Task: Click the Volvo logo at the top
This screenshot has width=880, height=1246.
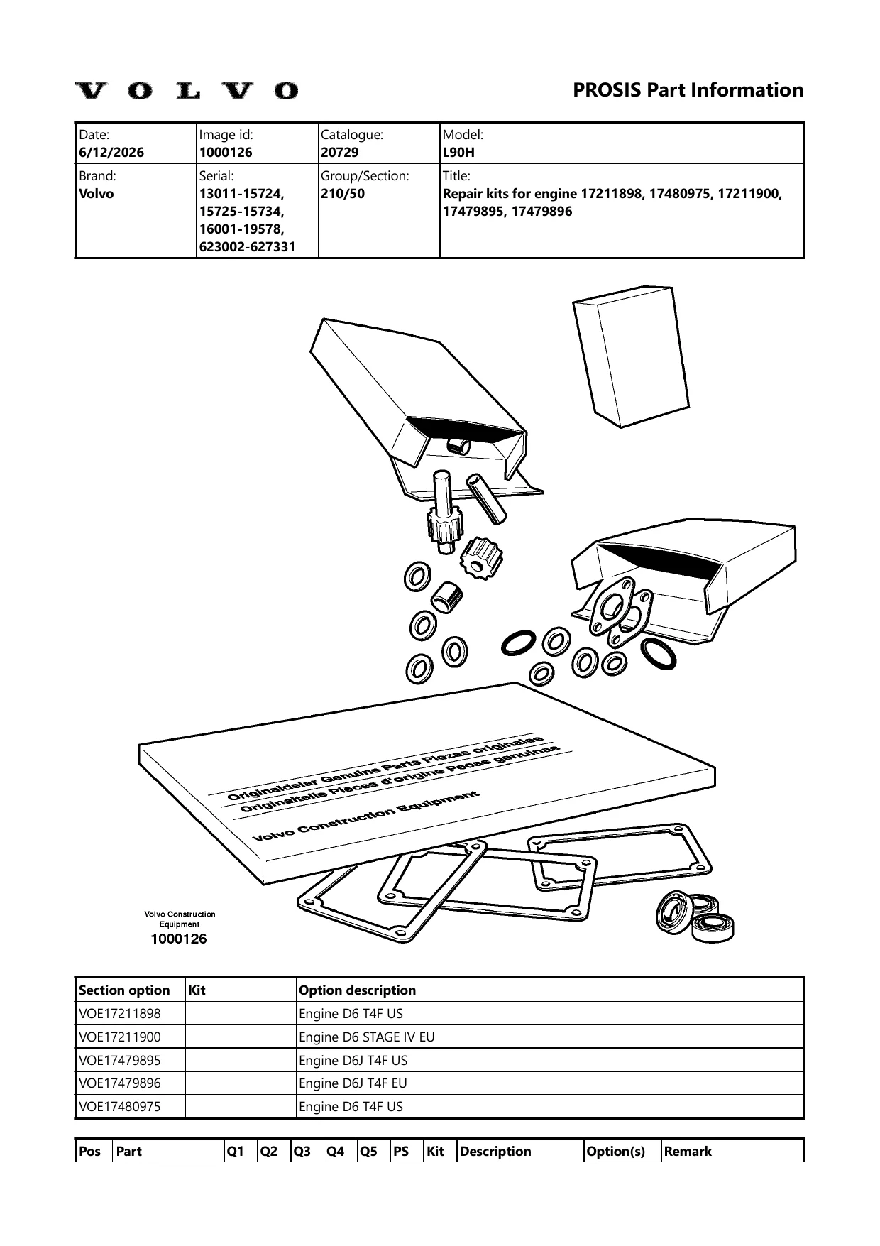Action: pos(187,90)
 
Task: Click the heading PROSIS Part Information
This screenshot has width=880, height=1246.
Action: pos(688,90)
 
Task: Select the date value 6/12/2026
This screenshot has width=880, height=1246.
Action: pos(111,153)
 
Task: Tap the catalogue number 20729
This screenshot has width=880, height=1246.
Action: pos(340,153)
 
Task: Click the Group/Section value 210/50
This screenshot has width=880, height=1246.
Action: pos(343,194)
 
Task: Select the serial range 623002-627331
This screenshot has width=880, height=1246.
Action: pos(247,247)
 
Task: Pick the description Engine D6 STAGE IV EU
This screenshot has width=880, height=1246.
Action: pos(367,1037)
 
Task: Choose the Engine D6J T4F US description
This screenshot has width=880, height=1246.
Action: pos(353,1060)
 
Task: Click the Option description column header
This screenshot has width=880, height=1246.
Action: pos(358,990)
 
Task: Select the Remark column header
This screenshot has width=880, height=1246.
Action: pos(688,1152)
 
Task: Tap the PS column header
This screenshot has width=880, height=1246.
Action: pos(401,1152)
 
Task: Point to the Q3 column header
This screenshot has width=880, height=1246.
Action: pos(302,1152)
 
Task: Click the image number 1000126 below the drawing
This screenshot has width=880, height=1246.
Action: pos(179,939)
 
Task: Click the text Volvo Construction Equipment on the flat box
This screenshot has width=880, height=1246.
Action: pos(367,815)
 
